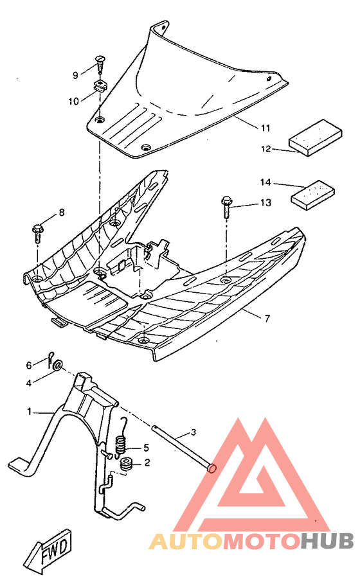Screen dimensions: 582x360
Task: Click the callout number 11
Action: (x=265, y=128)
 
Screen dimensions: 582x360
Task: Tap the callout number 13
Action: (x=265, y=203)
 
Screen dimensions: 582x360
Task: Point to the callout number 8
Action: (x=62, y=213)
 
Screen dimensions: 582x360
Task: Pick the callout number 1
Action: (x=28, y=410)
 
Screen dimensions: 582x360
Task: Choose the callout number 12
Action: (x=266, y=150)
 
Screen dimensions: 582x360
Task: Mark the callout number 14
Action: (x=266, y=182)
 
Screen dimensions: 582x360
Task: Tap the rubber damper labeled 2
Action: (x=126, y=463)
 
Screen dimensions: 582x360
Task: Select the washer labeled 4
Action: (x=57, y=366)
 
